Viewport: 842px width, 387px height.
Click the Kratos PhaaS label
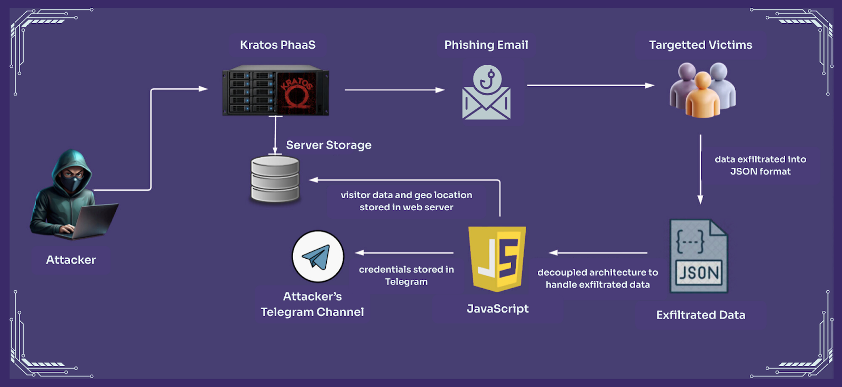277,45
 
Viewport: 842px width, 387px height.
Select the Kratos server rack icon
276,90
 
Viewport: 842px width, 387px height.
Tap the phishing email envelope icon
486,93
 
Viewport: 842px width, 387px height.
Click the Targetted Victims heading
700,45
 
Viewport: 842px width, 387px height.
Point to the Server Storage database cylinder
275,180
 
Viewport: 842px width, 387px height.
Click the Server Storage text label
328,145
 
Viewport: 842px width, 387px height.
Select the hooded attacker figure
66,189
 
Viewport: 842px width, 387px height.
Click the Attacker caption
71,260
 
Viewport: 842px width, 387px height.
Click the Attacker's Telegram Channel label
312,304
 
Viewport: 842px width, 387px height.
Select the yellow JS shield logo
497,258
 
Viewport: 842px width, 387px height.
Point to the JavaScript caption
497,309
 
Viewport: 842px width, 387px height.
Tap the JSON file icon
699,256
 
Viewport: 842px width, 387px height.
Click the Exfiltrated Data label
700,315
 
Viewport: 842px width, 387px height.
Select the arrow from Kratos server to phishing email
395,90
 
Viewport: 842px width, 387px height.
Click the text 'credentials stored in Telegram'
406,276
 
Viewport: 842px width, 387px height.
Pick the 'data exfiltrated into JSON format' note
760,165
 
